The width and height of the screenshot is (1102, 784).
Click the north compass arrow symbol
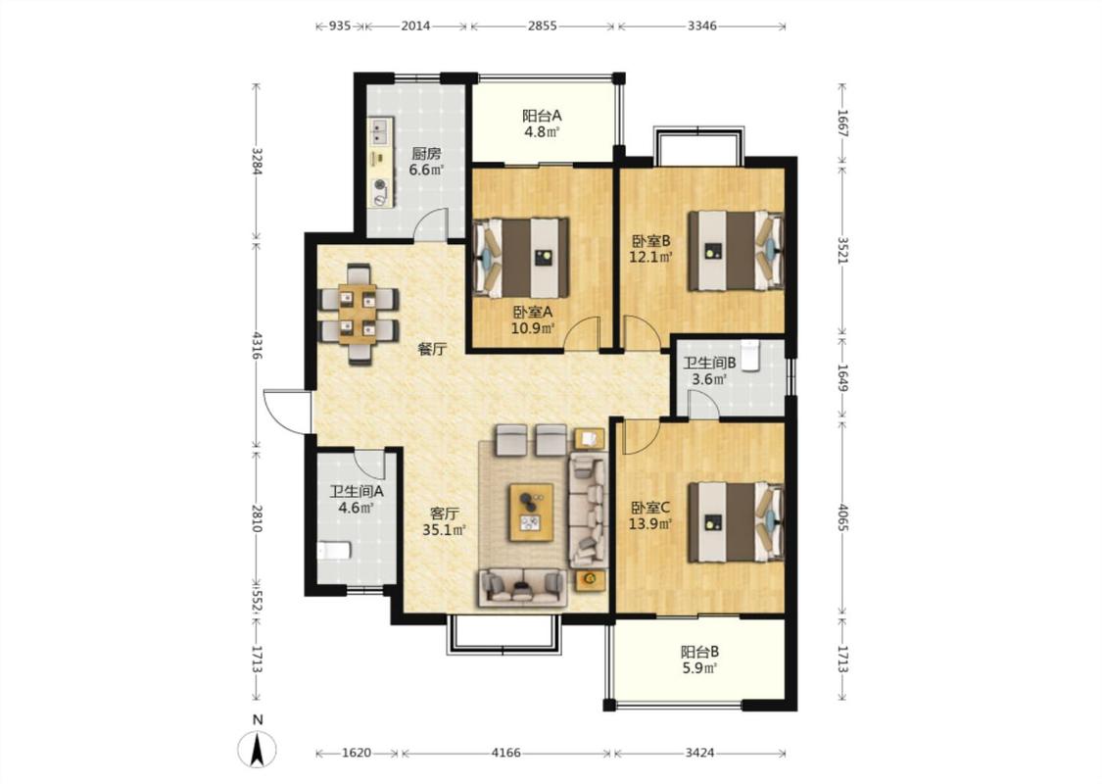coord(259,750)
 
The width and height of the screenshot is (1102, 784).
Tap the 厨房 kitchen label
coord(426,153)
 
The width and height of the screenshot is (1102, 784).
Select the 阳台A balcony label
coord(541,116)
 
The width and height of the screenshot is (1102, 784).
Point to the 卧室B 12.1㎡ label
coord(650,248)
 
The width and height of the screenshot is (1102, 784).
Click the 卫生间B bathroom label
coord(710,364)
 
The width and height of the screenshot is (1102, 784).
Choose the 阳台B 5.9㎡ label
coord(699,661)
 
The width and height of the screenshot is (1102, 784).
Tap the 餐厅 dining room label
coord(432,349)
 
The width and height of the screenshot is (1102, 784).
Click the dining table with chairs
coord(359,314)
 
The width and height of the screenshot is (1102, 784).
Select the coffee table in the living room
coord(531,512)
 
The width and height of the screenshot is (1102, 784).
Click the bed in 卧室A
coord(522,258)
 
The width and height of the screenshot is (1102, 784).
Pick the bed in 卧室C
coord(735,521)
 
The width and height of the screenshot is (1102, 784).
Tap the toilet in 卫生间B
coord(751,355)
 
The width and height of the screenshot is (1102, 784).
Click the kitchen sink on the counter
coord(380,129)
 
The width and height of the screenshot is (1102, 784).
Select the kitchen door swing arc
coord(430,224)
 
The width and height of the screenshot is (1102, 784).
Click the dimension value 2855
coord(543,26)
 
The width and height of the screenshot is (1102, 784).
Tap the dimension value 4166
coord(506,753)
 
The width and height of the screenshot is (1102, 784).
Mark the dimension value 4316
coord(257,346)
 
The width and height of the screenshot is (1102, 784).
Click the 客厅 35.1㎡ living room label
coord(444,521)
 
